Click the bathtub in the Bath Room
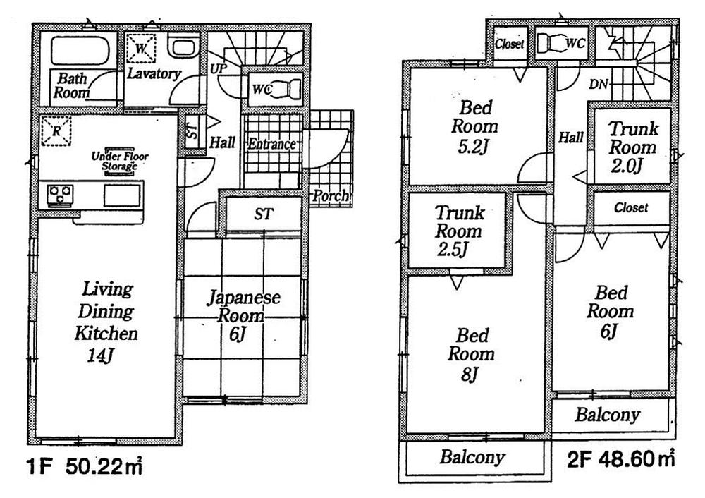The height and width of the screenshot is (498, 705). pos(78,51)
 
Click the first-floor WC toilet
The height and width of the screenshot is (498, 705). pos(286,90)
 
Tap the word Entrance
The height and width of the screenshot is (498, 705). pos(271,145)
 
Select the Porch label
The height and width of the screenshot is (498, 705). pos(331,195)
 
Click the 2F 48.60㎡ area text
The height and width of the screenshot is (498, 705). pos(621,459)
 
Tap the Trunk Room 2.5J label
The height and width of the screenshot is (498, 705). pos(458,231)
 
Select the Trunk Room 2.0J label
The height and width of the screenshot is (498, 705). pos(632,147)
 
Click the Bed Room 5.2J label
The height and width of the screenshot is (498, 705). pos(474,128)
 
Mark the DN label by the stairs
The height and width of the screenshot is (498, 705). pos(599,84)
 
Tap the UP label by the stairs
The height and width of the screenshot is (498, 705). pos(219,69)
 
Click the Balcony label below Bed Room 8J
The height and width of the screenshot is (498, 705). pos(472,457)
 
